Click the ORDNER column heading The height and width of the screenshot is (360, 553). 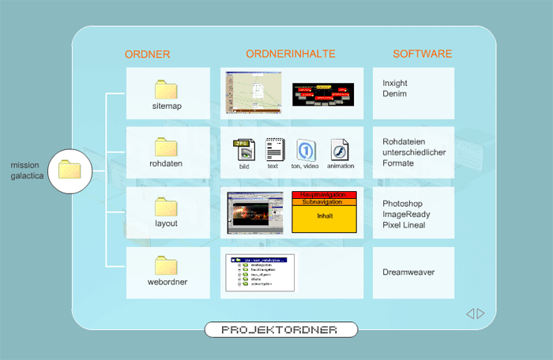pos(148,54)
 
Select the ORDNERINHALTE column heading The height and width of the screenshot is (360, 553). pos(291,54)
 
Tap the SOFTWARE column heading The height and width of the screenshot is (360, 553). pos(423,54)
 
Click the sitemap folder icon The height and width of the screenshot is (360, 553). pos(166,88)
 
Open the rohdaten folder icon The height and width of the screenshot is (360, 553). pos(166,147)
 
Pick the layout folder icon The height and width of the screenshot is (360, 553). pos(166,207)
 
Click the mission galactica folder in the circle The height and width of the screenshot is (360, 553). pos(70,169)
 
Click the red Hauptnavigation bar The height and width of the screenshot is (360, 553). pos(325,194)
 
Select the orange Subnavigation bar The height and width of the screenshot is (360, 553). pos(325,201)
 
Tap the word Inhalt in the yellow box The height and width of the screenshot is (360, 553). pos(325,216)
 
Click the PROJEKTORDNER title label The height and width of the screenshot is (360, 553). pos(280,329)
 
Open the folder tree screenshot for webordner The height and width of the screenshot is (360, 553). pos(260,272)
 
